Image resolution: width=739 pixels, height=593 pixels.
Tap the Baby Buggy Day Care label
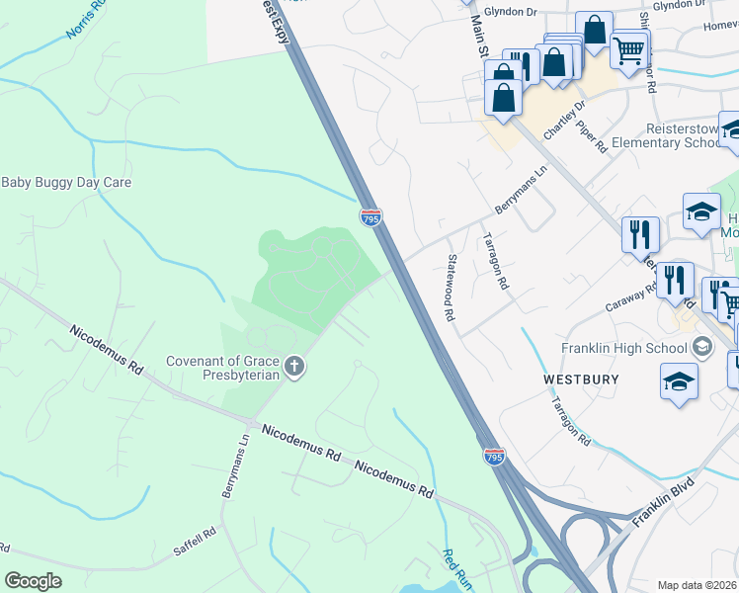66,182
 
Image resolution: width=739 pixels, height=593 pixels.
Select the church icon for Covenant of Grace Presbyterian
293,368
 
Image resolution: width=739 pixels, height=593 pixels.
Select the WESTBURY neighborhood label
581,380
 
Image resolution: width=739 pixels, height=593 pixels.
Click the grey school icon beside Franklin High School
701,346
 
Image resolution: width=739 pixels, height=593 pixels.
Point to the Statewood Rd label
450,288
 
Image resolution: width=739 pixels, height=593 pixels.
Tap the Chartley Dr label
565,119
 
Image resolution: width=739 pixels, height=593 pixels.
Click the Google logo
33,581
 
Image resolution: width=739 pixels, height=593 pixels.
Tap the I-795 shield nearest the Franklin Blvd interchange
495,456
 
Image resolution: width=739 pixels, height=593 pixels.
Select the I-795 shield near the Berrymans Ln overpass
370,217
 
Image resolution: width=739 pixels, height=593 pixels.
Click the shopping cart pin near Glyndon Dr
628,48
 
